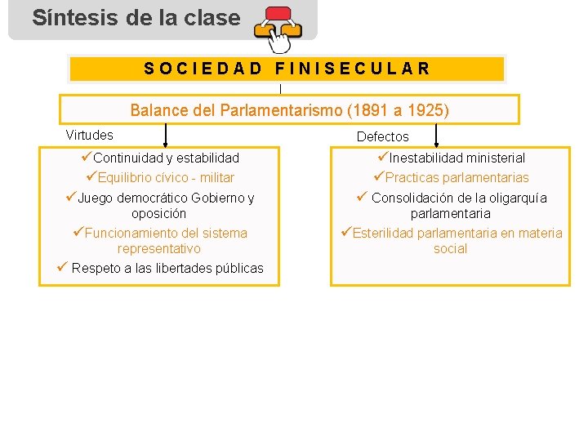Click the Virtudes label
(x=89, y=135)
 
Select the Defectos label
(x=382, y=136)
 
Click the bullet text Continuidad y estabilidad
(x=166, y=158)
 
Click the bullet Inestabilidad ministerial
(x=457, y=158)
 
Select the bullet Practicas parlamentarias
(x=457, y=177)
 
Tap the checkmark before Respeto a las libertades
(x=62, y=267)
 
